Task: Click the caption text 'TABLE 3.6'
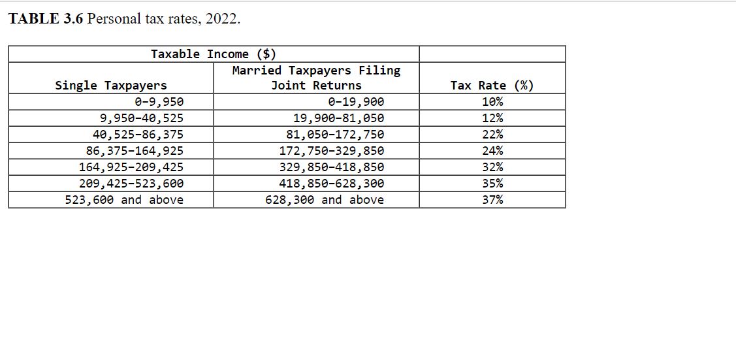(x=45, y=18)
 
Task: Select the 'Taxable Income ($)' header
(x=214, y=54)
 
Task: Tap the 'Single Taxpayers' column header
(x=111, y=86)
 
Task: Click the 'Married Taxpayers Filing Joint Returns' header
(x=316, y=78)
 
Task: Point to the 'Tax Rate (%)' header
(x=492, y=86)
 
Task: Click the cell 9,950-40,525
(x=141, y=118)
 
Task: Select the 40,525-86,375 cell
(x=138, y=135)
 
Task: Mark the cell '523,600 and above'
(x=124, y=200)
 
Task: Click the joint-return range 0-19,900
(x=356, y=102)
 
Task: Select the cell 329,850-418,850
(x=331, y=167)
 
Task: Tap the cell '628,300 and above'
(x=325, y=200)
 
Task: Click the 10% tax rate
(x=492, y=102)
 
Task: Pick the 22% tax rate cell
(x=492, y=135)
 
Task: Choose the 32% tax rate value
(x=492, y=167)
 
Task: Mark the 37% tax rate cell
(x=492, y=200)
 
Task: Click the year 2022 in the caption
(x=221, y=18)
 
